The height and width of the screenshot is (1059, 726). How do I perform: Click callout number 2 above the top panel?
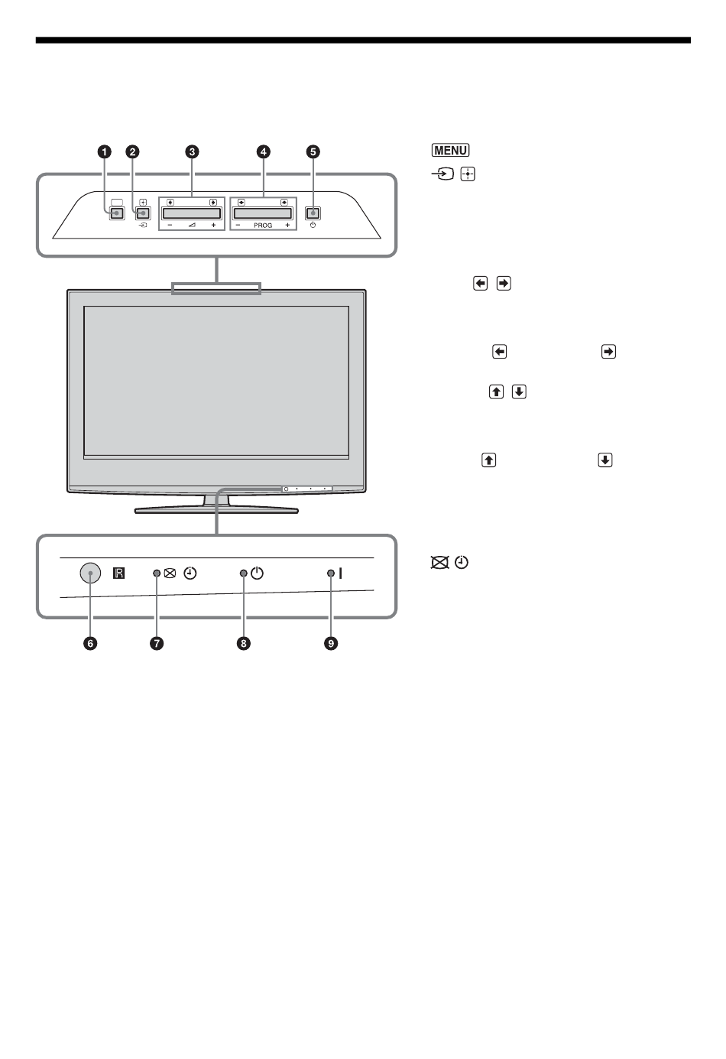click(133, 151)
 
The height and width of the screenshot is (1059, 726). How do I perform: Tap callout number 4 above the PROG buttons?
click(263, 151)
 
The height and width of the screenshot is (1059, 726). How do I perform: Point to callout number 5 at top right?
click(313, 151)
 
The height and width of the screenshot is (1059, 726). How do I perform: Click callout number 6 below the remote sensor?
click(90, 644)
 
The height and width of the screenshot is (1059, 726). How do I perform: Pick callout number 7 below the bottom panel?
click(156, 644)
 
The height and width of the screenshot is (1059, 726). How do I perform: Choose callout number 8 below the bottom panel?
click(243, 644)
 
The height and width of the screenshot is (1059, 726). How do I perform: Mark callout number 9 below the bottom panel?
click(331, 644)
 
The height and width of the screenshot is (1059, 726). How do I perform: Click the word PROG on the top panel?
click(262, 226)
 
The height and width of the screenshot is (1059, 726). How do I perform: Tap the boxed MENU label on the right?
click(449, 151)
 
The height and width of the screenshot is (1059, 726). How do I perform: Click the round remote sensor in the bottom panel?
click(90, 573)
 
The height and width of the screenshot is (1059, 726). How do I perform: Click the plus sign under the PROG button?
click(287, 226)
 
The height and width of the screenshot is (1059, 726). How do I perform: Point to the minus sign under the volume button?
click(169, 226)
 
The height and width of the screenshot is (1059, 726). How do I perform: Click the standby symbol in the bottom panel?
click(257, 573)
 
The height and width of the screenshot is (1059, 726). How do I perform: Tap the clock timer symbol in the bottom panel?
click(190, 573)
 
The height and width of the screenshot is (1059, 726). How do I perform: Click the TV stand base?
click(216, 508)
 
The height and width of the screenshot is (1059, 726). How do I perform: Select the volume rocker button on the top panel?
click(192, 213)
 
